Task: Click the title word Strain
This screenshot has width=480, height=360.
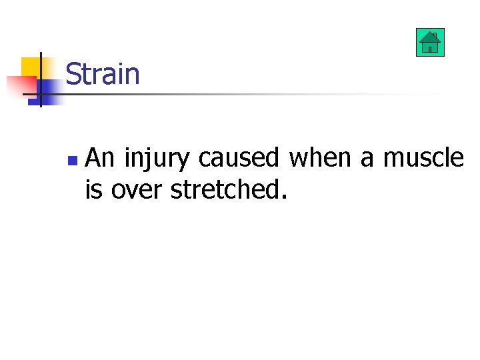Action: (103, 74)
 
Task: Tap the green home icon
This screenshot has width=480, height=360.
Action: (430, 43)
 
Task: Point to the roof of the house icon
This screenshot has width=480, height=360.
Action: (430, 37)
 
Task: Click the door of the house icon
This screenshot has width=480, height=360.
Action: (430, 48)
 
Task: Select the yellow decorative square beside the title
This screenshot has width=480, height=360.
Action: (29, 66)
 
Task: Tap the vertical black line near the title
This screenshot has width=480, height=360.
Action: (40, 79)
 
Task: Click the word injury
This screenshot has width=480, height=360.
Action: (158, 159)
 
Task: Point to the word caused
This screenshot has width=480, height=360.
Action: (239, 158)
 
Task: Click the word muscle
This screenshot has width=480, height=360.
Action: (423, 158)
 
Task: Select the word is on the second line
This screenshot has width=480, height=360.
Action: (94, 189)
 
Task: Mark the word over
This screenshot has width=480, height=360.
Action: (137, 190)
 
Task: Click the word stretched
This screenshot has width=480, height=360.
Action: (225, 189)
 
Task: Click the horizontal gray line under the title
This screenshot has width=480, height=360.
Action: (267, 95)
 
